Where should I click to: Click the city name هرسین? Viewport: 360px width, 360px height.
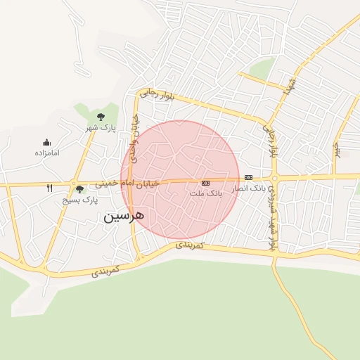click(x=124, y=215)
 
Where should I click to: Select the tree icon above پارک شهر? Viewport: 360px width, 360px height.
click(x=100, y=116)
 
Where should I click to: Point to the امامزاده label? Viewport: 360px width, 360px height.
click(x=46, y=153)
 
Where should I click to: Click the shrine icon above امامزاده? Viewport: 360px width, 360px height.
click(x=46, y=142)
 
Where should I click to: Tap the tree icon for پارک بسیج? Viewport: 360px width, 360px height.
click(x=79, y=189)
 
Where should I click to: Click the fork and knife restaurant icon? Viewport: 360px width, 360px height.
click(x=49, y=188)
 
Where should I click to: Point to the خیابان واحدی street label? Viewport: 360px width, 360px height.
click(x=136, y=137)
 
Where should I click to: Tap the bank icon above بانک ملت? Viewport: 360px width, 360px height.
click(x=205, y=183)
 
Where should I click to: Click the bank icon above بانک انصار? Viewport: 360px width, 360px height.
click(x=248, y=178)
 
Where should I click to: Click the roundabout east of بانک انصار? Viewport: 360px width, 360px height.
click(x=274, y=178)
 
